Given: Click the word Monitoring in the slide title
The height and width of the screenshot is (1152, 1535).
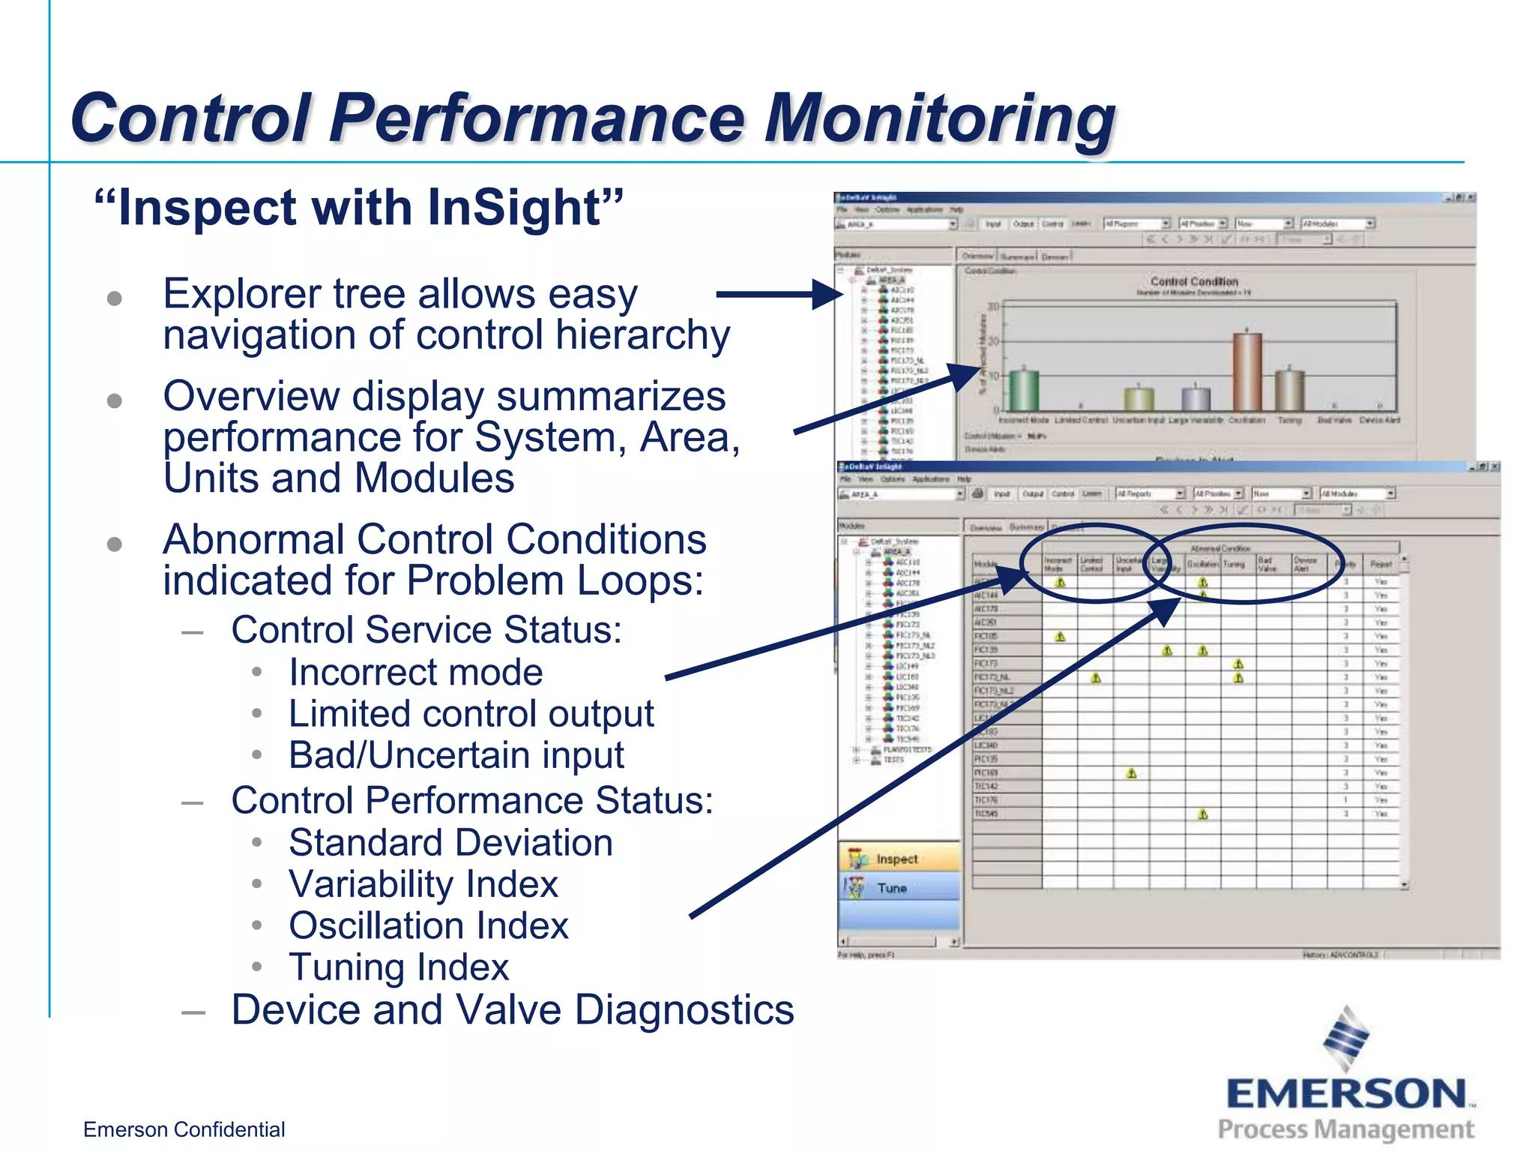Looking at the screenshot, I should pos(940,118).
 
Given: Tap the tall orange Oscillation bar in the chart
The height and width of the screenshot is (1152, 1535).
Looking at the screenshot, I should pos(1247,371).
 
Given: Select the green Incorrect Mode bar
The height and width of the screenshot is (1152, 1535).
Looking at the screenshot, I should pos(1023,390).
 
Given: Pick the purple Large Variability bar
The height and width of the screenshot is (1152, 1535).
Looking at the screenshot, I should pos(1196,399).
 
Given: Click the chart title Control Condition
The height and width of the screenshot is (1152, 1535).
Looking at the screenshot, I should pos(1194,281).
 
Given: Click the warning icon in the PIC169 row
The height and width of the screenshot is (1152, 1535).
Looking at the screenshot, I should pos(1132,773).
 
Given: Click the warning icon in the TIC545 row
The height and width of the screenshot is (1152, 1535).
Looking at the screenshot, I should pos(1203,814).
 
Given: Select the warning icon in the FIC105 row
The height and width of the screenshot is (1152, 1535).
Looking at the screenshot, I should pos(1060,637).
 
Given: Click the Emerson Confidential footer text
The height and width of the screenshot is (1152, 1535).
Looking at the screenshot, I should pos(184,1129).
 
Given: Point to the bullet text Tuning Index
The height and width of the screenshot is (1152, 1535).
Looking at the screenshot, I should pos(399,967).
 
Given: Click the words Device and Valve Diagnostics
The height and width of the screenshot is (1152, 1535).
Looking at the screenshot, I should pos(513,1009).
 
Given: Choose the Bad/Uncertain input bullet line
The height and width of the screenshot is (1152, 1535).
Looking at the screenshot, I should pos(456,755).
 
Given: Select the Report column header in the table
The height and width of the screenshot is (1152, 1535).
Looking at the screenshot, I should pos(1381,564).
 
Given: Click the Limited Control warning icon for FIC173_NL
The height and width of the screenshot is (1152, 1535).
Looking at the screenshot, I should pos(1096,678).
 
